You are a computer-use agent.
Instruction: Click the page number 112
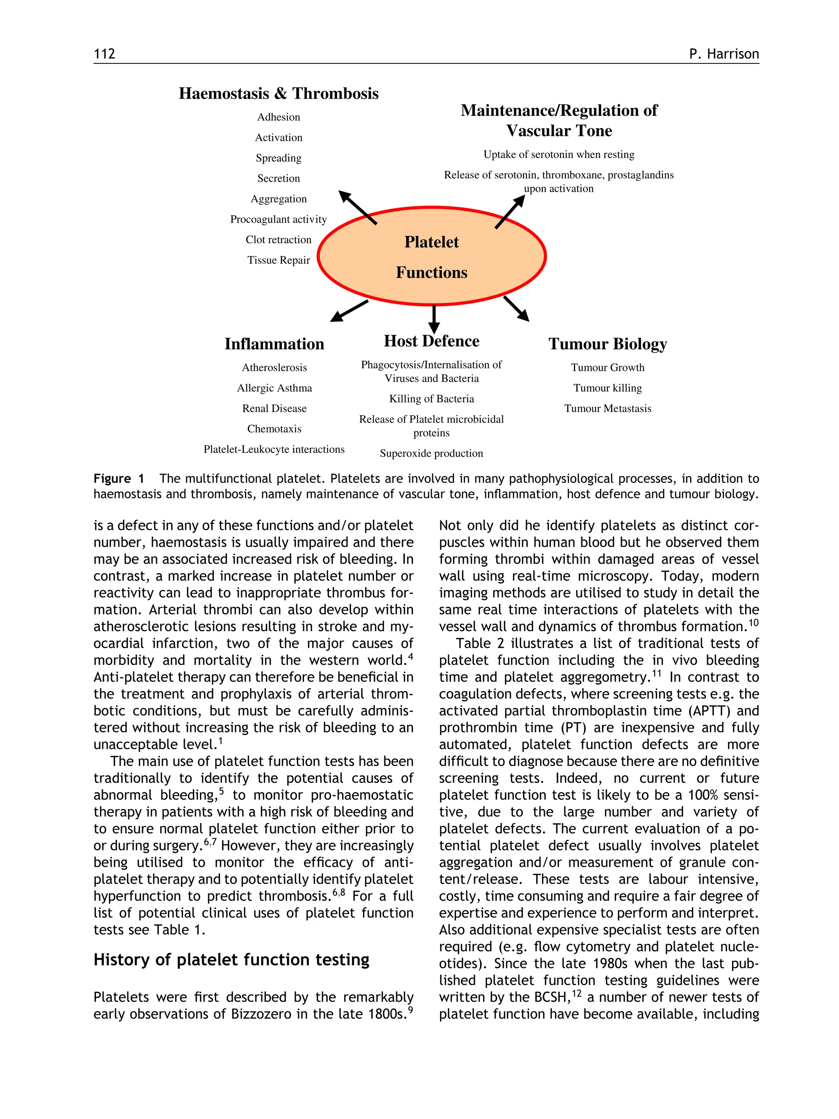(104, 54)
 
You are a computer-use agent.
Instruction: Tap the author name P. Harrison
(723, 54)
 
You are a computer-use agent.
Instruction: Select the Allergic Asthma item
(274, 388)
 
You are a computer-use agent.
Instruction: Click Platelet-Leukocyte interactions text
(274, 449)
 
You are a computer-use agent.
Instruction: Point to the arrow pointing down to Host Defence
(434, 319)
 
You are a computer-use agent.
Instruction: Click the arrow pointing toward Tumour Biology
(516, 309)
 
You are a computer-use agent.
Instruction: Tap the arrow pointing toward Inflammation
(349, 311)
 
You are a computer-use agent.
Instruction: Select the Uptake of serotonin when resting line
(559, 154)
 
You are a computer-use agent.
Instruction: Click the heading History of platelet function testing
(231, 960)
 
